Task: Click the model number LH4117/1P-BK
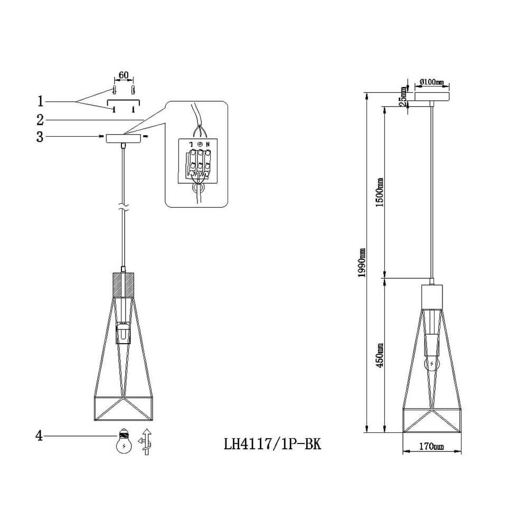pyautogui.click(x=272, y=444)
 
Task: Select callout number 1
pyautogui.click(x=41, y=101)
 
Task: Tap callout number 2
pyautogui.click(x=40, y=120)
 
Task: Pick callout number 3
pyautogui.click(x=40, y=137)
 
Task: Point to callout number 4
pyautogui.click(x=40, y=436)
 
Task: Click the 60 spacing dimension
pyautogui.click(x=124, y=75)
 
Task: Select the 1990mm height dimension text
pyautogui.click(x=362, y=262)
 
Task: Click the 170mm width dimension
pyautogui.click(x=431, y=447)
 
